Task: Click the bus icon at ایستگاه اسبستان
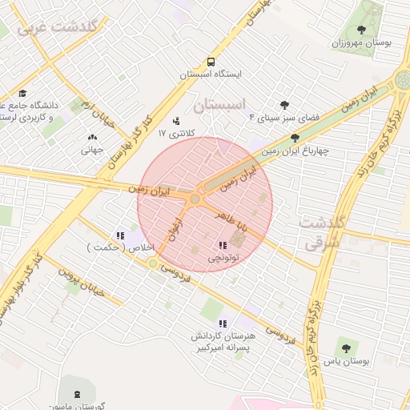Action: click(211, 61)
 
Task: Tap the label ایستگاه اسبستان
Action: click(211, 74)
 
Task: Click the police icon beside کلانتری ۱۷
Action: click(176, 122)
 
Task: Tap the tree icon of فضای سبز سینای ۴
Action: click(284, 105)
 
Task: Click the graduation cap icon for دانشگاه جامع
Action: click(22, 93)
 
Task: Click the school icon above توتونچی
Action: click(222, 245)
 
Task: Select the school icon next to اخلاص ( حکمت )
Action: click(119, 235)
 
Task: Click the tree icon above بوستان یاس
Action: click(345, 349)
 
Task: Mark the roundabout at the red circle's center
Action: click(195, 198)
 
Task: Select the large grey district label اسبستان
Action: click(217, 104)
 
